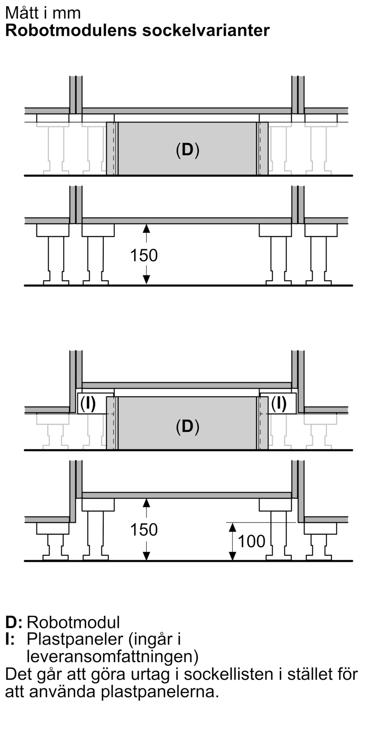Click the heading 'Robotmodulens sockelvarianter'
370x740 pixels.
pos(137,30)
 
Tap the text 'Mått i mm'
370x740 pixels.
pos(43,13)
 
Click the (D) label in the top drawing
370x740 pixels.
pos(188,150)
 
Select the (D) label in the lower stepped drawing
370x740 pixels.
pos(188,427)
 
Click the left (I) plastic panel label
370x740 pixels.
pos(88,404)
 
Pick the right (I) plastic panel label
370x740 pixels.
pos(279,404)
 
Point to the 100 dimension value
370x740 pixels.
pos(252,541)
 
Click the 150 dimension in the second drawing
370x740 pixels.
pos(144,255)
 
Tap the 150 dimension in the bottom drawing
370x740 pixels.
pos(144,529)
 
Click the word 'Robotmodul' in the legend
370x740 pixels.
pos(73,622)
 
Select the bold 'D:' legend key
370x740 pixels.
pos(14,622)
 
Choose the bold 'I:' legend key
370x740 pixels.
pos(10,639)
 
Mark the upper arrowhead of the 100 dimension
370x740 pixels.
pos(232,527)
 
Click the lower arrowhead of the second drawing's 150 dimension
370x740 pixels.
pos(147,280)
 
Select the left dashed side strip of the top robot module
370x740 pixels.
pos(112,148)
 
